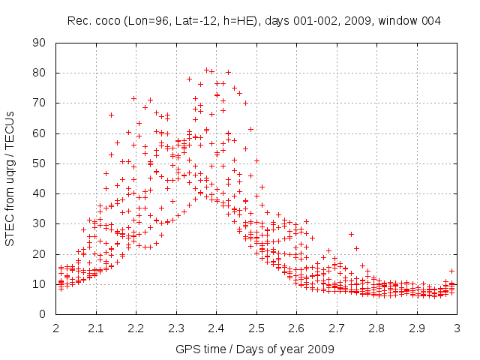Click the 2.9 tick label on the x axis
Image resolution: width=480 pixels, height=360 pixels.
click(417, 328)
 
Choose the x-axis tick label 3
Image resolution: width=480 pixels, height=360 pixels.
click(457, 328)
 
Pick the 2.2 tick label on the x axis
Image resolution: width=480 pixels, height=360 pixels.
click(136, 328)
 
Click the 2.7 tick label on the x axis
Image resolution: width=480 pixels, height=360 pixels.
click(337, 328)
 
